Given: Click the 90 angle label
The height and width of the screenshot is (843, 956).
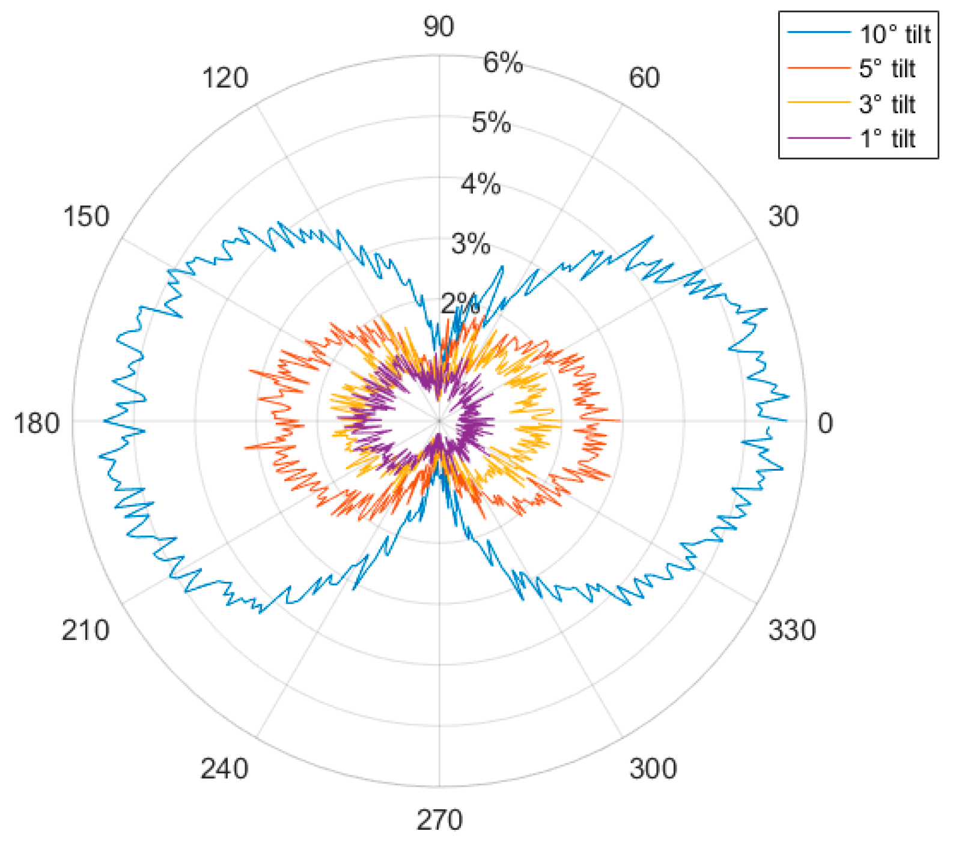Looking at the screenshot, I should pyautogui.click(x=439, y=27).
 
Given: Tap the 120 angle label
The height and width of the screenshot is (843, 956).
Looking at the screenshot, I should pyautogui.click(x=225, y=79).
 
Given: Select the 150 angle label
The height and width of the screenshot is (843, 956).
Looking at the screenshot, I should pyautogui.click(x=87, y=216).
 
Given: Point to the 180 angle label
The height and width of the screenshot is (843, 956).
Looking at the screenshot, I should pyautogui.click(x=37, y=423).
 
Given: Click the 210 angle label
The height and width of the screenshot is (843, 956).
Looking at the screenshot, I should pyautogui.click(x=85, y=630).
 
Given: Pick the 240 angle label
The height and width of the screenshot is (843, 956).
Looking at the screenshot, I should pyautogui.click(x=224, y=768).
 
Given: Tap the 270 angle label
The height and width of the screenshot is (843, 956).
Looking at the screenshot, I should pyautogui.click(x=439, y=820).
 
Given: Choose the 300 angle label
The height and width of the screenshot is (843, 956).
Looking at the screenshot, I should pyautogui.click(x=653, y=768).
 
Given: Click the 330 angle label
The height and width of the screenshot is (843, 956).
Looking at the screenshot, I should pyautogui.click(x=792, y=630).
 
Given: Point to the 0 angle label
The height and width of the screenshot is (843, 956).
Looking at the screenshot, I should pyautogui.click(x=826, y=423).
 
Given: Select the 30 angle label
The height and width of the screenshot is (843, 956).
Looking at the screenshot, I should pyautogui.click(x=784, y=216).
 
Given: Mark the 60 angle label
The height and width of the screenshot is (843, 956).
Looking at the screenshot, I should pyautogui.click(x=644, y=78).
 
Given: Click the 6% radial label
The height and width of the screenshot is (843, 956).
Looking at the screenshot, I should pyautogui.click(x=503, y=62).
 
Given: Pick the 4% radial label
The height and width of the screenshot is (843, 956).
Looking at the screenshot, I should pyautogui.click(x=481, y=184).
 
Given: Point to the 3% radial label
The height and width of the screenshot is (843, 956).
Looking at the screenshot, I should pyautogui.click(x=470, y=244).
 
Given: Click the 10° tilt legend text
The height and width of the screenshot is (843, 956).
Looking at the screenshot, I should pyautogui.click(x=895, y=34).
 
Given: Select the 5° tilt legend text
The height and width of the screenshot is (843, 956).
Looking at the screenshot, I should pyautogui.click(x=887, y=68).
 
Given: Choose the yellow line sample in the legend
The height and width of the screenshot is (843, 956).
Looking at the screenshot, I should pyautogui.click(x=819, y=103).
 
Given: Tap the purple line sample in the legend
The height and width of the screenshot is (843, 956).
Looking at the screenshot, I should pyautogui.click(x=819, y=138).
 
